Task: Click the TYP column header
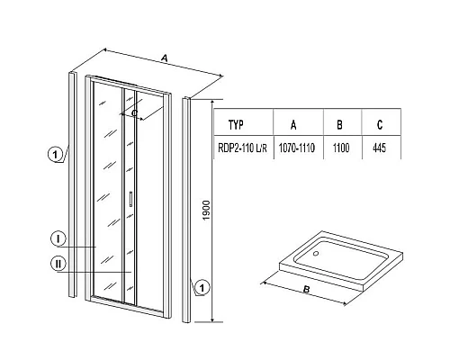[x=236, y=125]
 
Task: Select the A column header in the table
[x=293, y=125]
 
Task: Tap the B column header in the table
[x=339, y=125]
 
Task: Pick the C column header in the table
[x=380, y=125]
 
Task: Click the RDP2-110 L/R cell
[x=242, y=148]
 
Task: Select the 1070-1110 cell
[x=297, y=148]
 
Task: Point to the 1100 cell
[x=341, y=148]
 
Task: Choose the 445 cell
[x=379, y=148]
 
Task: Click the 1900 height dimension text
[x=206, y=210]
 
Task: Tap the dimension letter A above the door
[x=164, y=58]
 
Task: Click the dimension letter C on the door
[x=135, y=113]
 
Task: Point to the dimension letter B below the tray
[x=306, y=290]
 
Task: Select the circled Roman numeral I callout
[x=58, y=238]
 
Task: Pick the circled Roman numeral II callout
[x=58, y=264]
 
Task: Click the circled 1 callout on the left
[x=55, y=155]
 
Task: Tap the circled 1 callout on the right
[x=202, y=288]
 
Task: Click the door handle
[x=130, y=199]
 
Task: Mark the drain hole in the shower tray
[x=316, y=254]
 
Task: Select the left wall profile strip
[x=73, y=184]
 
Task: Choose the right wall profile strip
[x=186, y=210]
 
